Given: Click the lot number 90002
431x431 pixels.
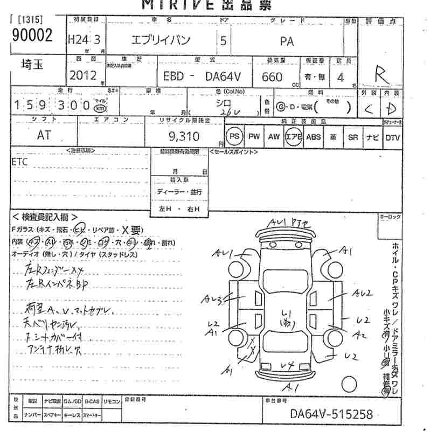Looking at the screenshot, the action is [x=32, y=36].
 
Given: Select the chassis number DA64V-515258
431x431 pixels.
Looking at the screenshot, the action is [x=331, y=415].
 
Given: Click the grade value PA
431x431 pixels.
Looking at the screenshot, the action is [x=287, y=40].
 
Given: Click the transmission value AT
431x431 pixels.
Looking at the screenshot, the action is [x=44, y=135].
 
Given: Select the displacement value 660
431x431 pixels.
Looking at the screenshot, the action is [x=272, y=77].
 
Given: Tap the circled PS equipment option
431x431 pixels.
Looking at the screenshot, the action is [x=234, y=137].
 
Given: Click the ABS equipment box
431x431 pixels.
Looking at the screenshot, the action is [x=314, y=137].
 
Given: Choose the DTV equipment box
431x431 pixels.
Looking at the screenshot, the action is [x=393, y=137].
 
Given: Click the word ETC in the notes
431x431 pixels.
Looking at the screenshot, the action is [x=20, y=161].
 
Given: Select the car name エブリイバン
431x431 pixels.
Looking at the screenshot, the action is [x=161, y=40].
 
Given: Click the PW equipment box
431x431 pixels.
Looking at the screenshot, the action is [x=254, y=137].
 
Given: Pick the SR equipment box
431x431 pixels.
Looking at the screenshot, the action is [x=352, y=137].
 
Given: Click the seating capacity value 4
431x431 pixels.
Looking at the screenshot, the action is [x=340, y=77].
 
